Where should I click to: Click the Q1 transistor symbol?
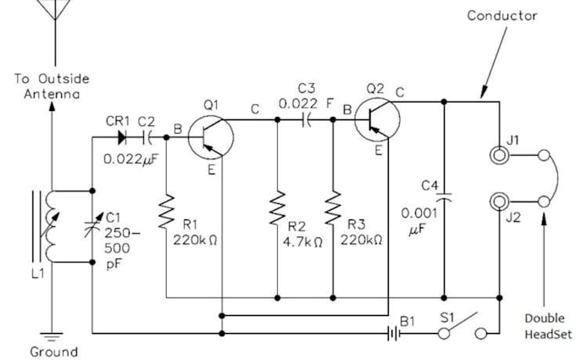pyautogui.click(x=208, y=136)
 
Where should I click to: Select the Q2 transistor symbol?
pyautogui.click(x=375, y=120)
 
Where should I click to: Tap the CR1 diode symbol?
pyautogui.click(x=125, y=135)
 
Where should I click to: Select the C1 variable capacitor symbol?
pyautogui.click(x=91, y=225)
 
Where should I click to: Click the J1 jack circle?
pyautogui.click(x=501, y=156)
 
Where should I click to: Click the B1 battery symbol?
pyautogui.click(x=390, y=333)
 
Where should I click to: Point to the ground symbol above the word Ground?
pyautogui.click(x=52, y=336)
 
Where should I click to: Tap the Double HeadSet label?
pyautogui.click(x=544, y=325)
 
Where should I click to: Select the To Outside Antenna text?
pyautogui.click(x=52, y=86)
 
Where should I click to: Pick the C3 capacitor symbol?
pyautogui.click(x=307, y=120)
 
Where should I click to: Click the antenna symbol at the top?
pyautogui.click(x=53, y=21)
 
